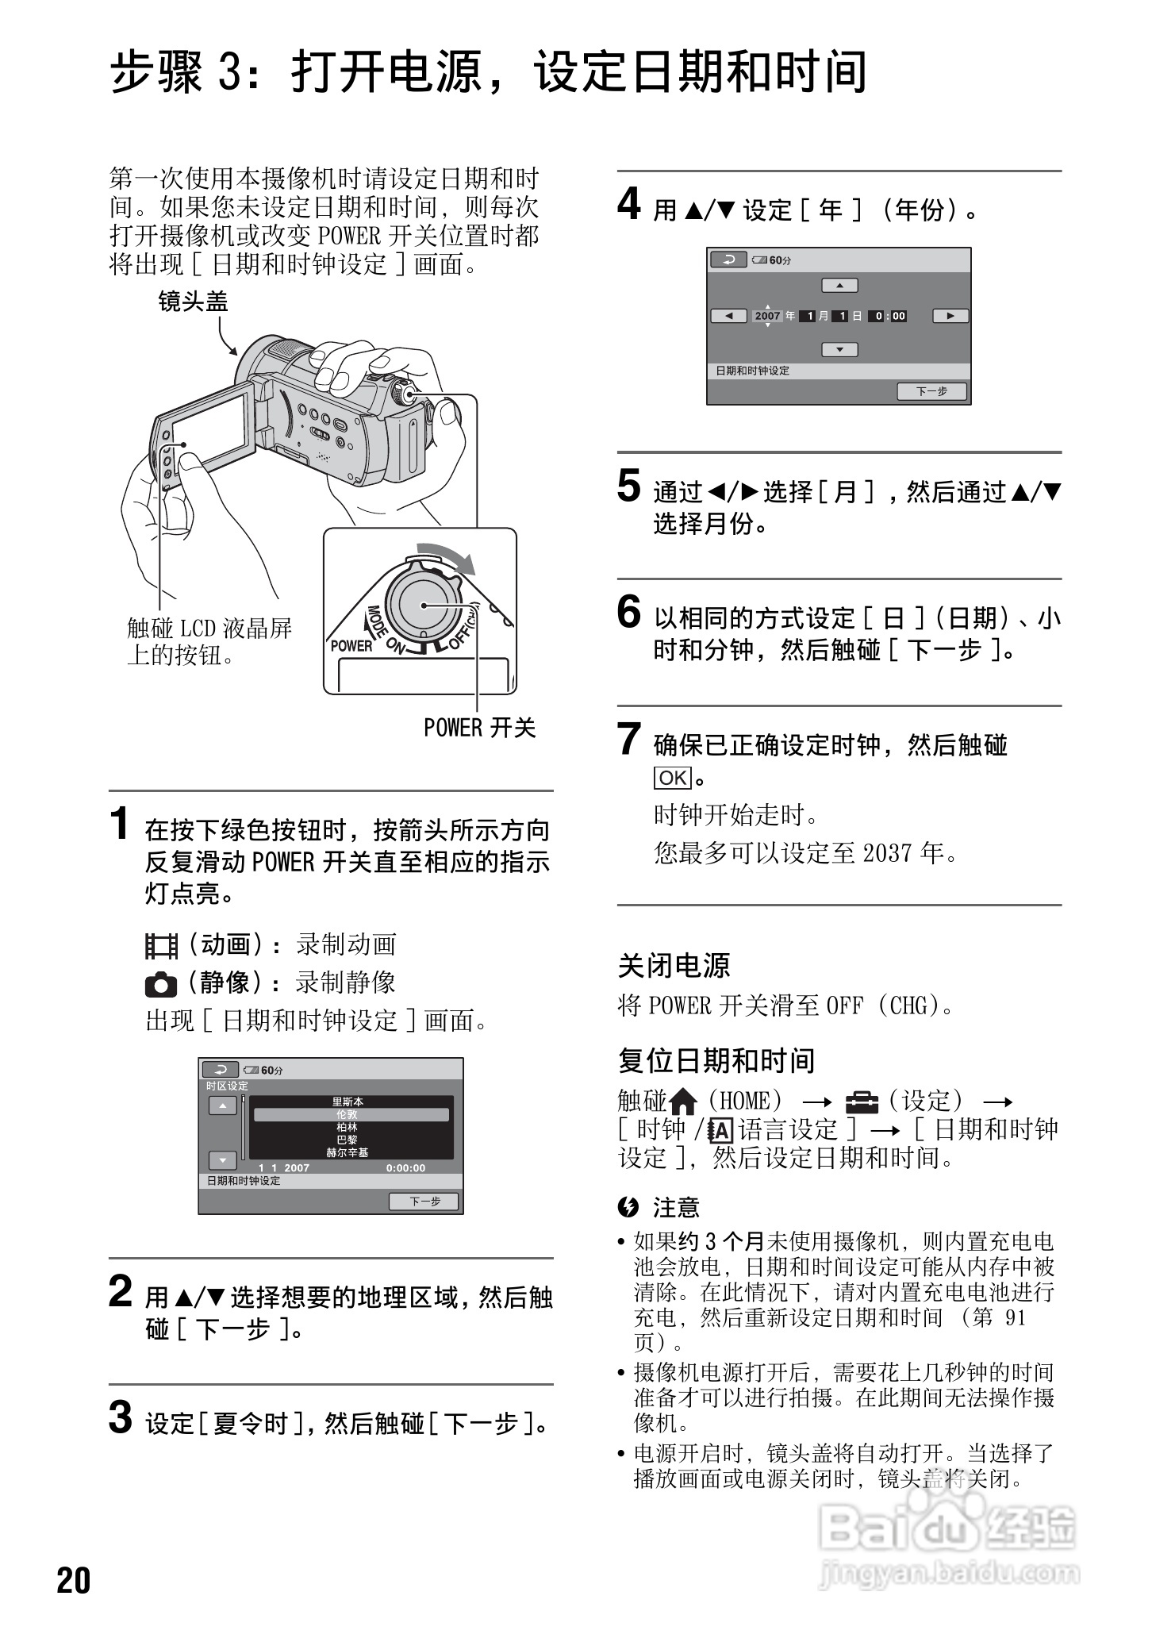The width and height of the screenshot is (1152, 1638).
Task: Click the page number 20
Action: pos(74,1580)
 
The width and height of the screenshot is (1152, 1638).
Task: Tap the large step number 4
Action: pos(629,205)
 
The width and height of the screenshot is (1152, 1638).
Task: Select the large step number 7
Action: pos(628,739)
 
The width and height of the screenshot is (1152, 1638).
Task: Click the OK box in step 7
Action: pos(672,778)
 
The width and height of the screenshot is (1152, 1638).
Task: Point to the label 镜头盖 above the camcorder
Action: pos(193,302)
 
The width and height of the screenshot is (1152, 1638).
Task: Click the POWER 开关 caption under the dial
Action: pos(479,728)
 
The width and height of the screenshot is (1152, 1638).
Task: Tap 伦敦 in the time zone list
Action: pos(347,1114)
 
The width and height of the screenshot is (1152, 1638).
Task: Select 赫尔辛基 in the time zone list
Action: pos(347,1152)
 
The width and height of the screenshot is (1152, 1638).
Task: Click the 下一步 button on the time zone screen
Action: pos(424,1202)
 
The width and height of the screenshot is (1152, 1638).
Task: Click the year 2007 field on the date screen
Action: pos(767,316)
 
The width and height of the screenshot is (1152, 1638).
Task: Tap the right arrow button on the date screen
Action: pos(950,316)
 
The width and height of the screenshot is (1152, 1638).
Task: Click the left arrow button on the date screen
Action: pos(728,316)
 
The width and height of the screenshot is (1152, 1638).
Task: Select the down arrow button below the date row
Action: pos(839,350)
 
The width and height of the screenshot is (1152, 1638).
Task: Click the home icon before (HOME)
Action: pos(683,1102)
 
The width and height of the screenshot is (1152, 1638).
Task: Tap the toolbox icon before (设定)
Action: pos(862,1102)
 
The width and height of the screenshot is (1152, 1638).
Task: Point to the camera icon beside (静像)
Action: pos(161,984)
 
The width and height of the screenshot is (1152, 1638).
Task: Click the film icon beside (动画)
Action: pos(161,946)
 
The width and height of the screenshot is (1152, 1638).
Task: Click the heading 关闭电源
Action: pos(674,966)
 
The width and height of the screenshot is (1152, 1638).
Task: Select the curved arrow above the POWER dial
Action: pos(448,556)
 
